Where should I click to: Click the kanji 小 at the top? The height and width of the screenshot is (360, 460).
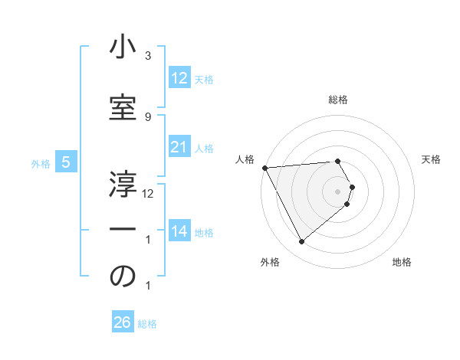click(123, 48)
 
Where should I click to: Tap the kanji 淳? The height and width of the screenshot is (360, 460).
click(123, 184)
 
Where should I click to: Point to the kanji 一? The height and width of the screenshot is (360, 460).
click(123, 230)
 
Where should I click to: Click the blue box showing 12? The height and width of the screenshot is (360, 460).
click(179, 77)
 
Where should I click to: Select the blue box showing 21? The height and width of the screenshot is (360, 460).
click(179, 147)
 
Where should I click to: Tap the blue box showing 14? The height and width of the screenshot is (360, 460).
click(179, 231)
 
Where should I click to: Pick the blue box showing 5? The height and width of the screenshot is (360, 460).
click(66, 162)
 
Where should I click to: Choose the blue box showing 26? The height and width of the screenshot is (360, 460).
click(123, 322)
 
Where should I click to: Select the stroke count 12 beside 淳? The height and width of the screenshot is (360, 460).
click(148, 193)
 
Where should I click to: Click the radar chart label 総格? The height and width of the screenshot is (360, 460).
click(338, 100)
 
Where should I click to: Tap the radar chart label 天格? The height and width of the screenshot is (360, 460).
click(432, 159)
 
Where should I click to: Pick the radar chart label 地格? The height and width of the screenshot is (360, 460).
click(402, 262)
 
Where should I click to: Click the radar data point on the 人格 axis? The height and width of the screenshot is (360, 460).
click(264, 168)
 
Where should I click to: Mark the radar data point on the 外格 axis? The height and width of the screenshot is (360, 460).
click(301, 242)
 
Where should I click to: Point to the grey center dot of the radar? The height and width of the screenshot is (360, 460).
click(338, 191)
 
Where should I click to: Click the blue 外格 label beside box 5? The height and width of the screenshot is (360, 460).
click(41, 163)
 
